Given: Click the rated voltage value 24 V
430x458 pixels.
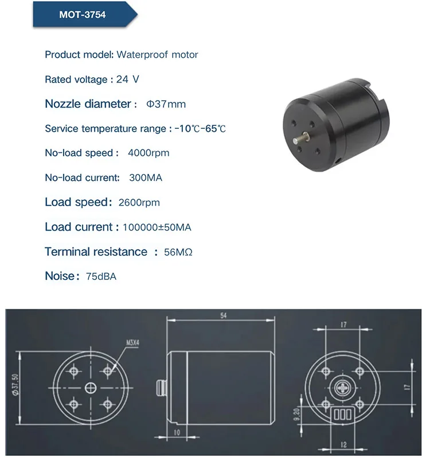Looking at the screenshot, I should click(x=127, y=80).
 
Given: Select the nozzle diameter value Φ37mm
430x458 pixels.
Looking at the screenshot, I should click(x=166, y=104).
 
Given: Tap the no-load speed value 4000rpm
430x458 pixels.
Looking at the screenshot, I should click(x=149, y=153).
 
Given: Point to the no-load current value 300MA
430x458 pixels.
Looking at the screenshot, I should click(x=146, y=177).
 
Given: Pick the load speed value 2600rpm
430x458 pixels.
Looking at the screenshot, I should click(x=139, y=203).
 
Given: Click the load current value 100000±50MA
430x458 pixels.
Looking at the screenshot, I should click(x=157, y=227).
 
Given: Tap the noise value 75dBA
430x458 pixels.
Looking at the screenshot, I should click(x=101, y=277).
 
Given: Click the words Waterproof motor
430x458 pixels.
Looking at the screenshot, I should click(x=157, y=55).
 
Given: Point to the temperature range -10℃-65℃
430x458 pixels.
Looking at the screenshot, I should click(x=200, y=129).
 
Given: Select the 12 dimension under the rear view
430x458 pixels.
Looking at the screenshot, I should click(x=342, y=444).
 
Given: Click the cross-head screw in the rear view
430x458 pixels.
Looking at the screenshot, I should click(x=343, y=388).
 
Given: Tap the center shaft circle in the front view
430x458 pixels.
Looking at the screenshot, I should click(x=91, y=388).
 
